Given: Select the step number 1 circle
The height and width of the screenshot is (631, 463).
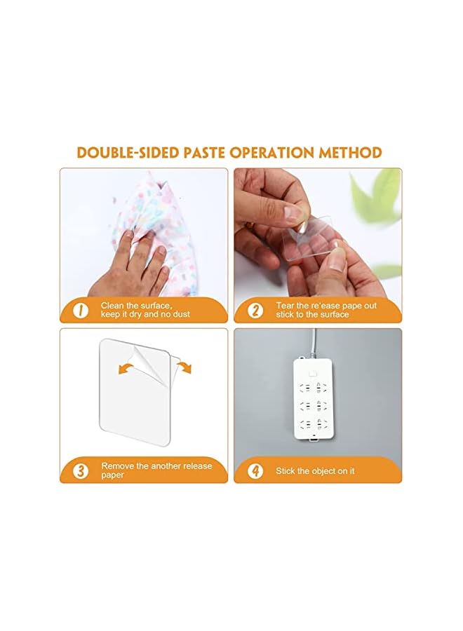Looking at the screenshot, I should tap(81, 310).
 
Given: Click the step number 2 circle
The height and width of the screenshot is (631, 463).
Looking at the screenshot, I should tap(255, 310).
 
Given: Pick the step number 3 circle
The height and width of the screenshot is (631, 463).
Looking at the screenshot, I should tap(81, 470).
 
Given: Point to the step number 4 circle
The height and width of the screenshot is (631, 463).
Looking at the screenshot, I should tap(255, 470).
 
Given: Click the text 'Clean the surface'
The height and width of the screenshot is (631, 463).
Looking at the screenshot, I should tap(135, 306).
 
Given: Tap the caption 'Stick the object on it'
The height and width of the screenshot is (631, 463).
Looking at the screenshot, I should tap(315, 471).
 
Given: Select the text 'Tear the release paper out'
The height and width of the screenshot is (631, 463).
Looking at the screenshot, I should tap(326, 306).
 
